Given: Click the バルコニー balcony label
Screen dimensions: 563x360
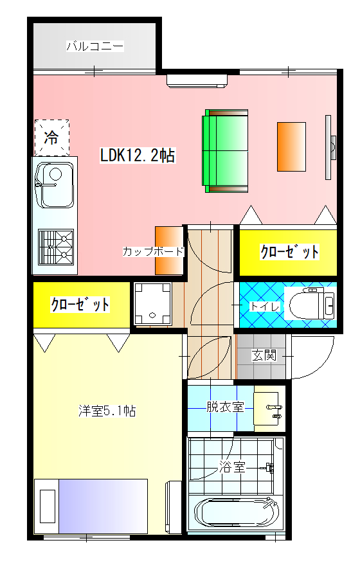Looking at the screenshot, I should tap(94, 46).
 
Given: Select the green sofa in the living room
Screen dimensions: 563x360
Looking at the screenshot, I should tap(226, 150).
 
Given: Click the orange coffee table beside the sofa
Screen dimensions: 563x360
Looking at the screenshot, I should tap(291, 147).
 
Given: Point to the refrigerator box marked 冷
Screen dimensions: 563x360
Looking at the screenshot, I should tap(51, 137).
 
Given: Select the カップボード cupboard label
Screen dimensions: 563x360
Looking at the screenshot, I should tap(153, 251).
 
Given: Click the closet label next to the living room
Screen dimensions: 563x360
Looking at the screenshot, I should tap(289, 252).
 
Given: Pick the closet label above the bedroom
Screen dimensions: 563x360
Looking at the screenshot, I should tap(80, 304).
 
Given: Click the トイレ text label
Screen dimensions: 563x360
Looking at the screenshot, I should tap(265, 307).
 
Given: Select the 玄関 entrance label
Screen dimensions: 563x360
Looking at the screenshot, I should tap(264, 355).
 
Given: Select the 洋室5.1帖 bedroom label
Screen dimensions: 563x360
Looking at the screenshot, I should tap(107, 411).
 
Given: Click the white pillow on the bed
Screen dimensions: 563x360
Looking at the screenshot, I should tap(47, 506).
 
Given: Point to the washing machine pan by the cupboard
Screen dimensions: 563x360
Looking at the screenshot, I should tap(153, 303).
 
